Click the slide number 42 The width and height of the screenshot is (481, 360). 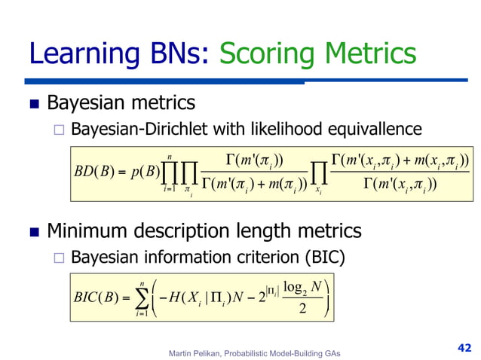[x=464, y=347]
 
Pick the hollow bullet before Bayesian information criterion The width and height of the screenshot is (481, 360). [x=61, y=258]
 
